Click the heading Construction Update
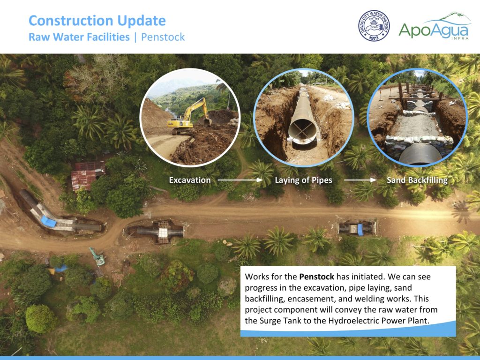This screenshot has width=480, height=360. pyautogui.click(x=97, y=21)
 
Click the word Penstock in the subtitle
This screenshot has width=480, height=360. pyautogui.click(x=163, y=37)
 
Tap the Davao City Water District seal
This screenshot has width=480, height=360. pyautogui.click(x=374, y=26)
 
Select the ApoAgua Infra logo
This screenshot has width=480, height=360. pyautogui.click(x=435, y=26)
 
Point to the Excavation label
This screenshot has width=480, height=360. pyautogui.click(x=190, y=180)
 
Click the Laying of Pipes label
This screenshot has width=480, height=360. pyautogui.click(x=303, y=180)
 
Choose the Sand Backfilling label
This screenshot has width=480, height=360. pyautogui.click(x=417, y=180)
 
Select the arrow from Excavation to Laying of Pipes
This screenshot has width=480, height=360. pyautogui.click(x=240, y=180)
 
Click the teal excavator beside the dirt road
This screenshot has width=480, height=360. pyautogui.click(x=97, y=256)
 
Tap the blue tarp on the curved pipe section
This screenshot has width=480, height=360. pyautogui.click(x=48, y=221)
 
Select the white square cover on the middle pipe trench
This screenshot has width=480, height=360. pyautogui.click(x=163, y=232)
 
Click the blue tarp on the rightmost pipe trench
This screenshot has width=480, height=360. pyautogui.click(x=360, y=230)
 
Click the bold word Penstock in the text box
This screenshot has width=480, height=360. pyautogui.click(x=316, y=277)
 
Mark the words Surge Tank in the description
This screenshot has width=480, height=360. pyautogui.click(x=280, y=321)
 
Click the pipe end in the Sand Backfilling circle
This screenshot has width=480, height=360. pyautogui.click(x=420, y=156)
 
